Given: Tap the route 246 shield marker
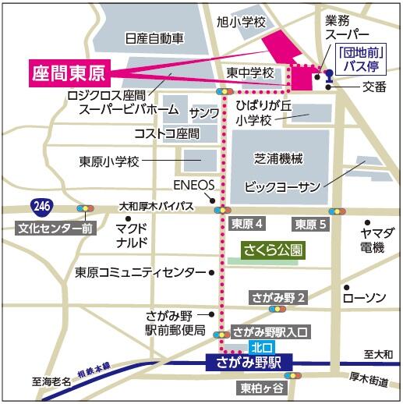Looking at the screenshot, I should tap(42, 207).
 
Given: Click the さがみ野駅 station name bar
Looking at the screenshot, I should tap(249, 362).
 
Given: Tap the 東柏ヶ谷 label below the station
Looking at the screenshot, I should tap(263, 388).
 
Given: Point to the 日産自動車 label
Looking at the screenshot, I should tap(154, 37).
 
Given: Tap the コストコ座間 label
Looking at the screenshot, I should tap(167, 133).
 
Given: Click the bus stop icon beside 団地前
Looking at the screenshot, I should tap(329, 76).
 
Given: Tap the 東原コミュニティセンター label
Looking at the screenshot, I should tap(140, 273).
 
